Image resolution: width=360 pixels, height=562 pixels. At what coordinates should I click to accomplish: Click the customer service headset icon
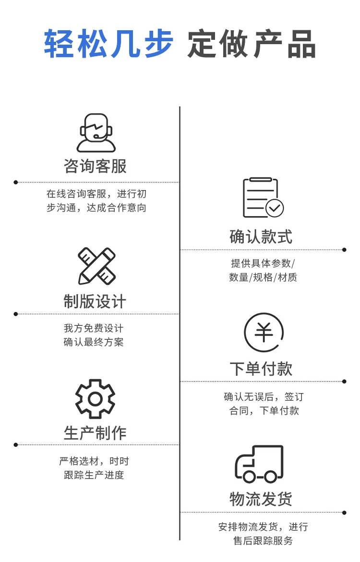pyautogui.click(x=96, y=133)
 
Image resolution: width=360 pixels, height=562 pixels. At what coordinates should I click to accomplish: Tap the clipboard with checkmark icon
pyautogui.click(x=263, y=198)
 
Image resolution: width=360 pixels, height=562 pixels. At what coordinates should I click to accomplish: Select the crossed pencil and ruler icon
pyautogui.click(x=96, y=266)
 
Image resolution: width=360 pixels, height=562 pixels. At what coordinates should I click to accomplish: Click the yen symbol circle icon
pyautogui.click(x=264, y=332)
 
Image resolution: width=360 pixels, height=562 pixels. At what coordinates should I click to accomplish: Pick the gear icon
pyautogui.click(x=95, y=399)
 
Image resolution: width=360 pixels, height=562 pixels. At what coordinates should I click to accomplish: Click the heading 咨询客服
pyautogui.click(x=95, y=166)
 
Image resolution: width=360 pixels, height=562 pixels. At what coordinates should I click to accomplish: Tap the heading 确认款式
pyautogui.click(x=261, y=236)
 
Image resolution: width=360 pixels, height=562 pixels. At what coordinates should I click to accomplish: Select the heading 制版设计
pyautogui.click(x=95, y=301)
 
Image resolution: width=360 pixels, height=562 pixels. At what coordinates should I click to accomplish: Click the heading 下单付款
pyautogui.click(x=261, y=369)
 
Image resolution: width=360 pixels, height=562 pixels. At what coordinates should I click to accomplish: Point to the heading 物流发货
pyautogui.click(x=261, y=499)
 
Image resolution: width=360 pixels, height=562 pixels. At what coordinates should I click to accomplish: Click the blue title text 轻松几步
pyautogui.click(x=108, y=44)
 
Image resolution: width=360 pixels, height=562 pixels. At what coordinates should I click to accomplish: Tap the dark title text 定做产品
pyautogui.click(x=252, y=44)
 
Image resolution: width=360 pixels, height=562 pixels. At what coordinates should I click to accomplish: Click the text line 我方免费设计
pyautogui.click(x=94, y=328)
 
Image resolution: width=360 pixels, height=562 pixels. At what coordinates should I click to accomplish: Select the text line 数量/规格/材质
pyautogui.click(x=263, y=277)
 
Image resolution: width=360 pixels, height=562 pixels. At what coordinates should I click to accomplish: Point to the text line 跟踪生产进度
pyautogui.click(x=94, y=475)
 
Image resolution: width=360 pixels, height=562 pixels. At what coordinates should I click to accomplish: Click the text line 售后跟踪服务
pyautogui.click(x=263, y=541)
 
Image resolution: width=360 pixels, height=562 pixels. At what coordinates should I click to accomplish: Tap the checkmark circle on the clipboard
pyautogui.click(x=275, y=208)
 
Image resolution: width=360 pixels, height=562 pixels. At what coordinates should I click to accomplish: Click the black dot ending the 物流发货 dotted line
pyautogui.click(x=344, y=513)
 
